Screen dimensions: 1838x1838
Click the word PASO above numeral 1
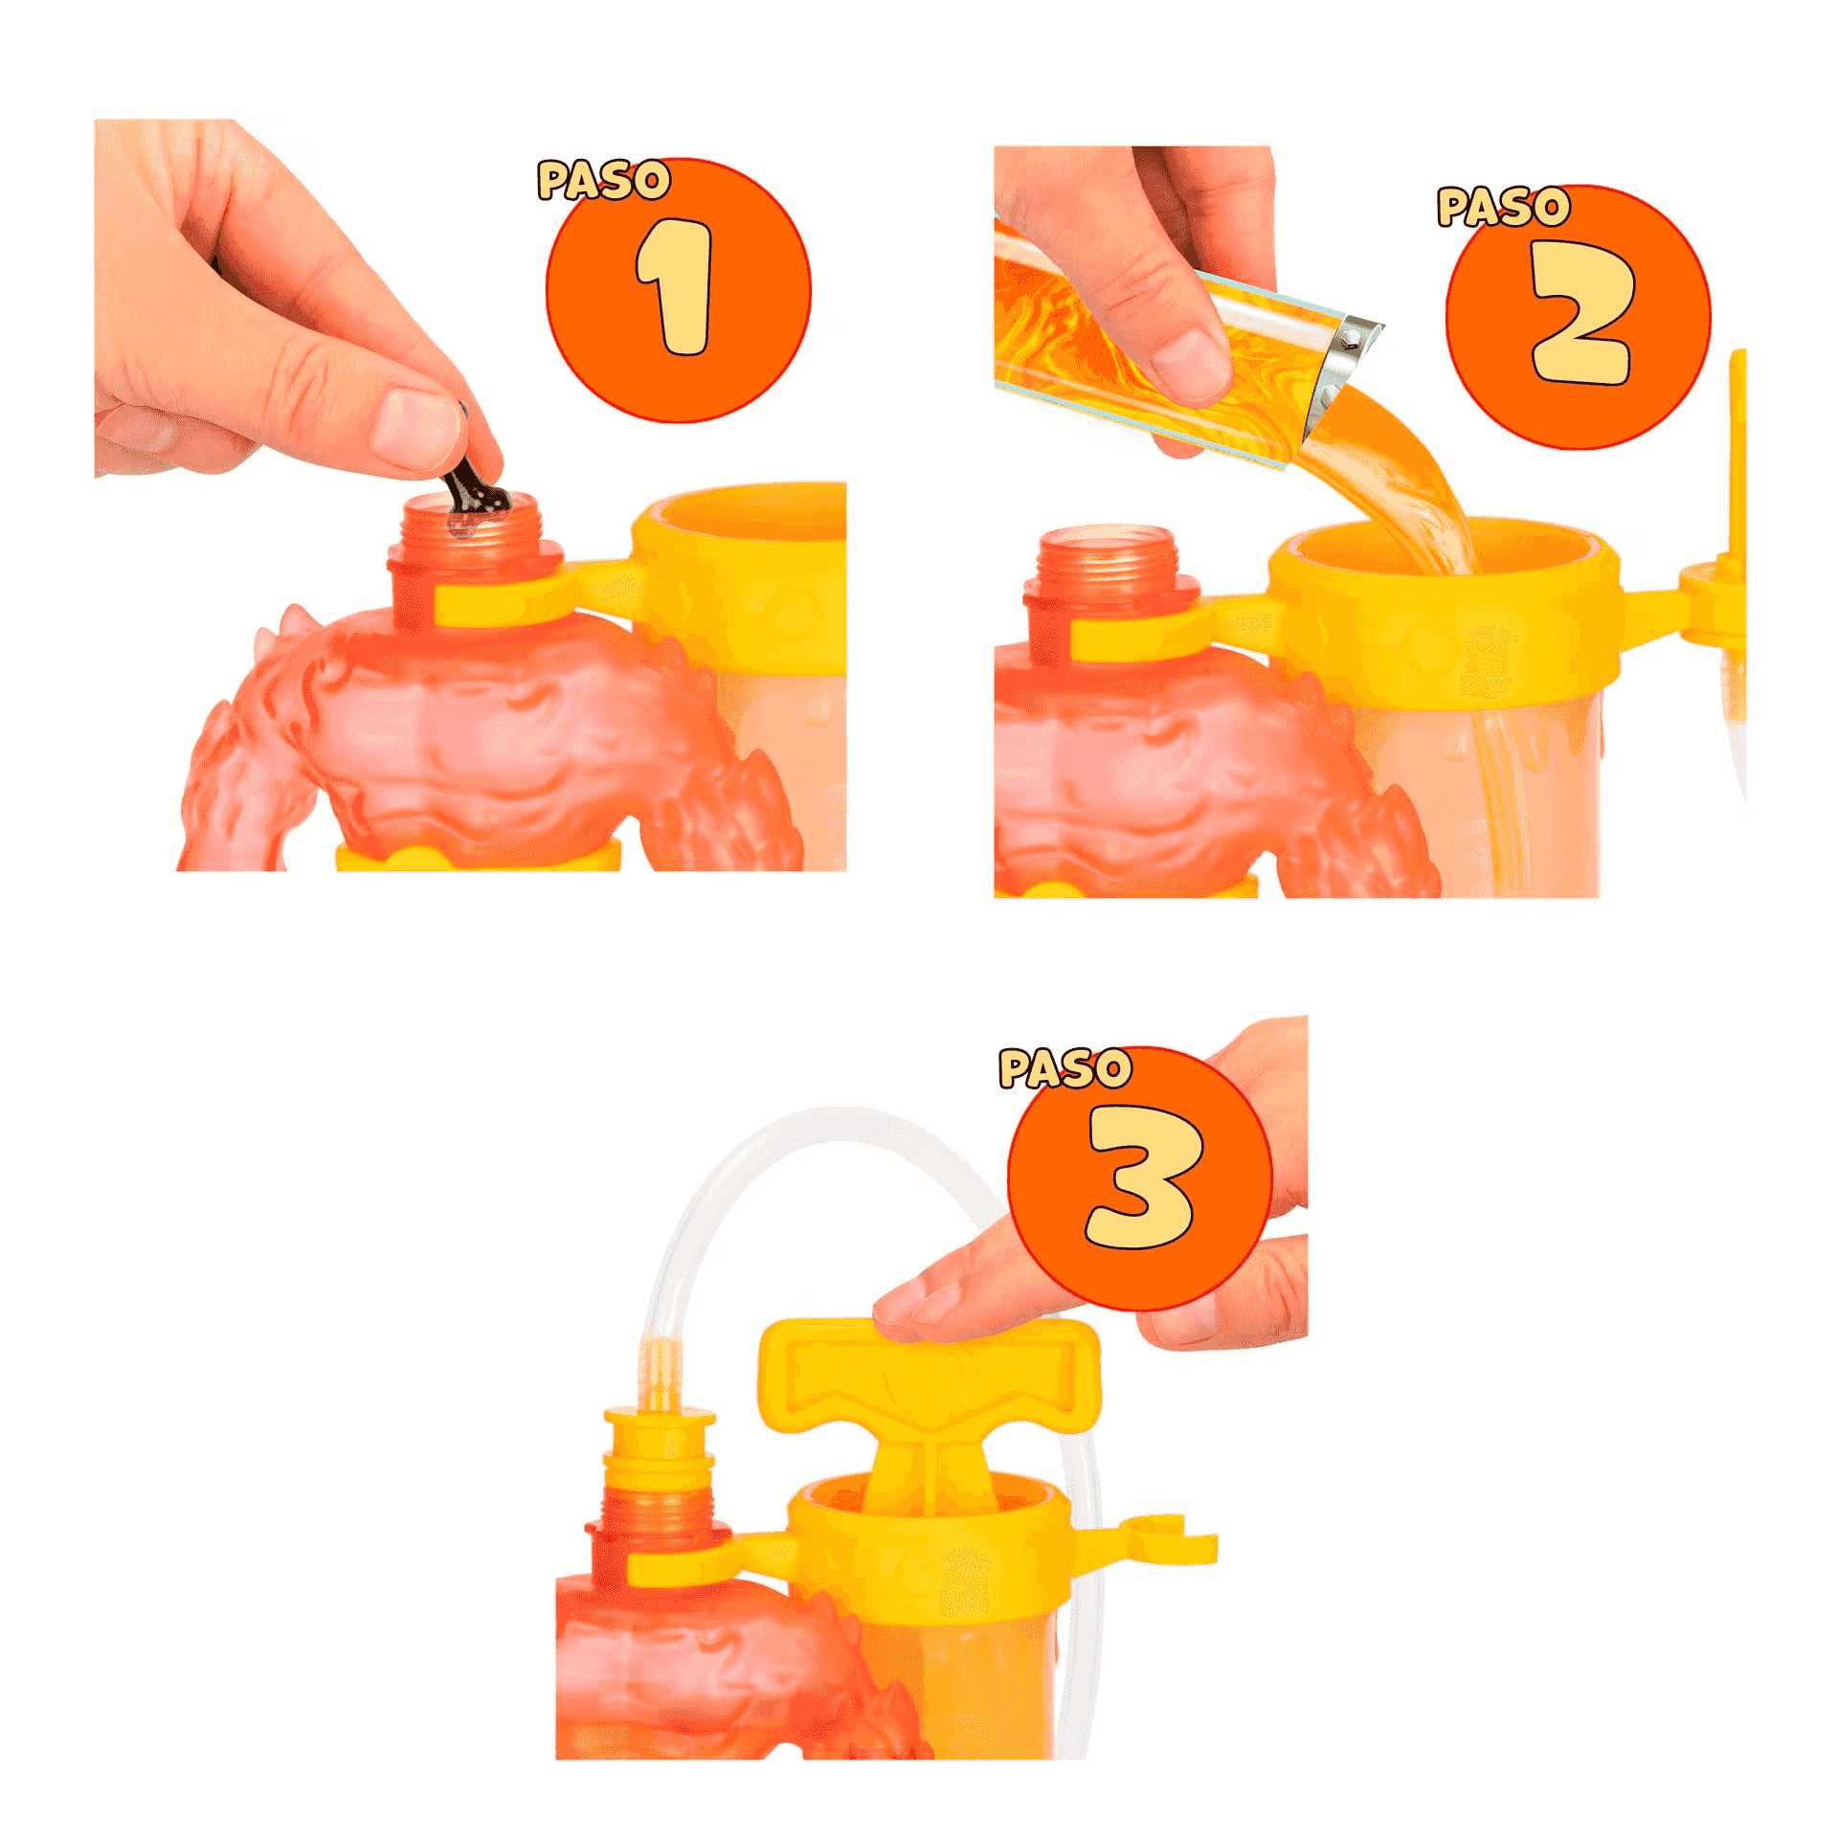pos(603,180)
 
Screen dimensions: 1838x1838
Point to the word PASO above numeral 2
pos(1503,207)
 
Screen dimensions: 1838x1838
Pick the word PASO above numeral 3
pos(1065,1068)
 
